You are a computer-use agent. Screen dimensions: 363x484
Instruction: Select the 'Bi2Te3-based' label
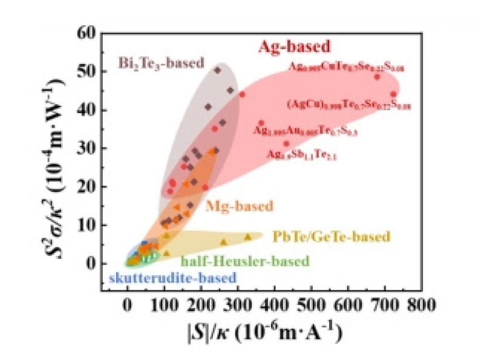tap(161, 63)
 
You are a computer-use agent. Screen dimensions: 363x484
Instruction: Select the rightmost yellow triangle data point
tap(247, 237)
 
